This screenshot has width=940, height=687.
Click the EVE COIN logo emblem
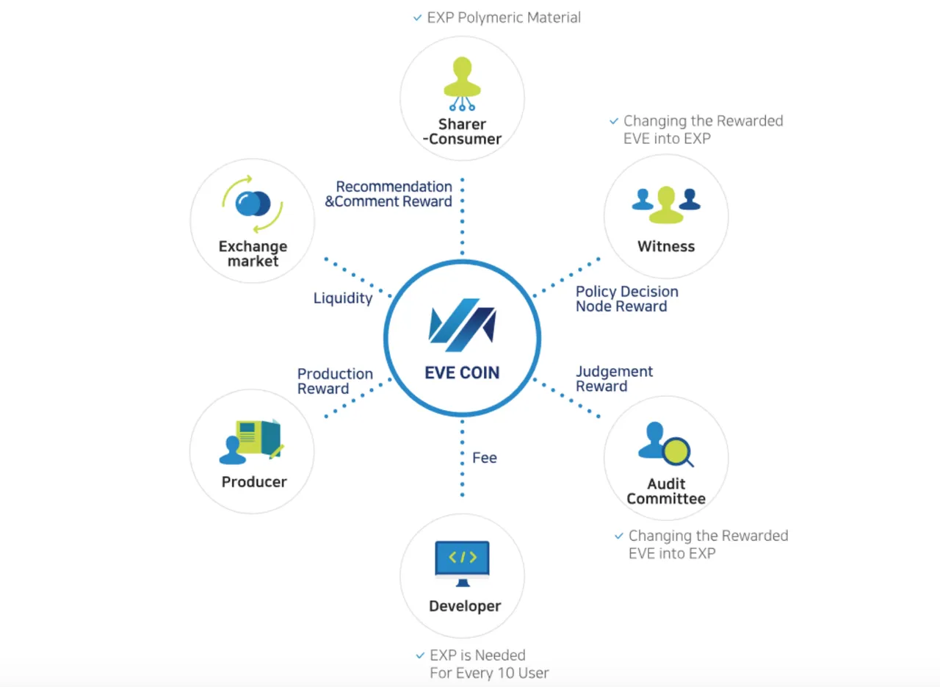click(462, 325)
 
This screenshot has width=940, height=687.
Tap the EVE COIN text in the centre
click(462, 373)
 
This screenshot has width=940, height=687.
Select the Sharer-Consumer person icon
click(462, 84)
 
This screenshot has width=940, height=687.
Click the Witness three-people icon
click(666, 204)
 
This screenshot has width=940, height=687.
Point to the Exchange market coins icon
click(253, 204)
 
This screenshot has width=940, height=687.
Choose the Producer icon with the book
click(252, 442)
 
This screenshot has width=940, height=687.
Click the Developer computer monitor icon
click(462, 564)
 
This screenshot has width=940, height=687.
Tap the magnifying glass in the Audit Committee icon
click(678, 452)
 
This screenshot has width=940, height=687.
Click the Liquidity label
click(343, 298)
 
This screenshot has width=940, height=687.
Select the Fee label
click(485, 458)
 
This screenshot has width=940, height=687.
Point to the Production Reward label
click(335, 381)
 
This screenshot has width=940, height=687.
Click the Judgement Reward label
click(614, 378)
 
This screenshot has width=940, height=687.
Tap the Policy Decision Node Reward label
click(627, 298)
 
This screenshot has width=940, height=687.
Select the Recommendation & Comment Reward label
click(388, 193)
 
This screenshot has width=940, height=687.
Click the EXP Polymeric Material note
click(504, 18)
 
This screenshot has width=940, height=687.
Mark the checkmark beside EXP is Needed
click(420, 655)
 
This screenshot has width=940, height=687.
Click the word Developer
click(465, 606)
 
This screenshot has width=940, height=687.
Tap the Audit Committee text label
click(666, 491)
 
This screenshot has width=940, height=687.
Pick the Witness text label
click(666, 246)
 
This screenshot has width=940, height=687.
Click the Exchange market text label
click(253, 253)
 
